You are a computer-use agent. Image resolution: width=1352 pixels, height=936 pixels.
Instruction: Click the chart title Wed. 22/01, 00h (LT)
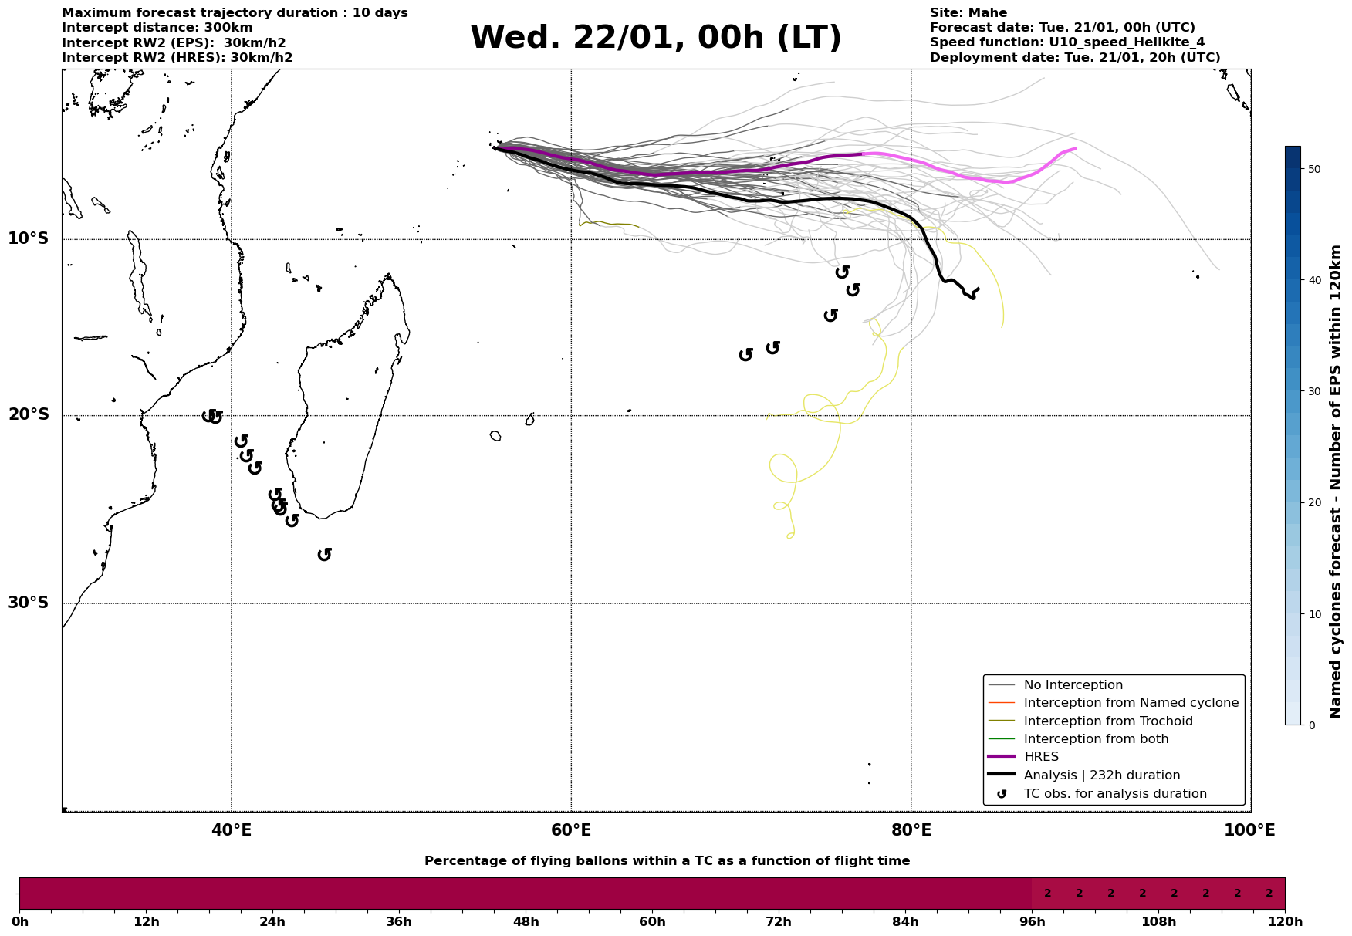655,38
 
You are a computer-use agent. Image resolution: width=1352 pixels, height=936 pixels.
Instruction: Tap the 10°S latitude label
29,238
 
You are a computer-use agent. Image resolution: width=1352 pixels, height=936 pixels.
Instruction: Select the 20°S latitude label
29,415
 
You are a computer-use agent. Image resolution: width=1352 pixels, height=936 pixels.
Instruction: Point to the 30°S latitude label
29,603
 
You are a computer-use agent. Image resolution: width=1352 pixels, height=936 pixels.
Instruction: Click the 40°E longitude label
232,830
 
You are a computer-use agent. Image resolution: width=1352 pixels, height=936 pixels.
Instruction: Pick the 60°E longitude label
571,830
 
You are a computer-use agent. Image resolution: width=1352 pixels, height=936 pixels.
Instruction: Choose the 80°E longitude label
911,830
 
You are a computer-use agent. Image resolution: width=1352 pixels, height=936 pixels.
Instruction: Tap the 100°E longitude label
1249,830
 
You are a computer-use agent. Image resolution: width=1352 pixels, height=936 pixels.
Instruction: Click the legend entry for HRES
1041,757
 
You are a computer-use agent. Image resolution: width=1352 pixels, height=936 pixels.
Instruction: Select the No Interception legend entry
1073,685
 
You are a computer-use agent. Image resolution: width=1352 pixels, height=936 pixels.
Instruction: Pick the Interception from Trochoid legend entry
1107,721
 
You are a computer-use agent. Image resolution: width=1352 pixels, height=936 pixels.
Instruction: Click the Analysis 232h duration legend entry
1101,775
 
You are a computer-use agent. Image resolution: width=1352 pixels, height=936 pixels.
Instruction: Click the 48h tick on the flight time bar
526,921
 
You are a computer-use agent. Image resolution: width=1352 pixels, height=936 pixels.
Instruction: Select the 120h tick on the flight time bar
1284,921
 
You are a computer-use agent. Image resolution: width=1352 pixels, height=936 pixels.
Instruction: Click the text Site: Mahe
968,13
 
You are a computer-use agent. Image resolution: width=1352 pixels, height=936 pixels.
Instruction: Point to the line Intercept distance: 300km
157,28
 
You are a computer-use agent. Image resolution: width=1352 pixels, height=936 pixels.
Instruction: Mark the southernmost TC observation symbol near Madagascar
325,554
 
